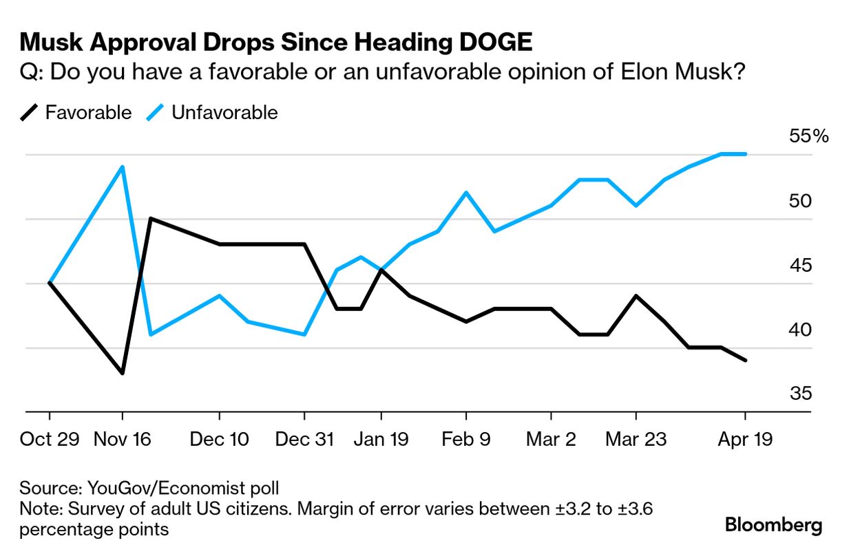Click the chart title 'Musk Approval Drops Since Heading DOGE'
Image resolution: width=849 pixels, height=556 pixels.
pos(275,42)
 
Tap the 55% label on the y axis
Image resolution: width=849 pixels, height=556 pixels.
pos(808,136)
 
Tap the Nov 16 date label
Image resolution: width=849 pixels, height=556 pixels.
pos(123,439)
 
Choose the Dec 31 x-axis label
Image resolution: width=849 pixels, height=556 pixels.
pos(304,439)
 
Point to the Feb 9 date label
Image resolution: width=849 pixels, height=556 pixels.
pos(466,439)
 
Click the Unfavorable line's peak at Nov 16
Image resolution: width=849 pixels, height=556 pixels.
pos(123,167)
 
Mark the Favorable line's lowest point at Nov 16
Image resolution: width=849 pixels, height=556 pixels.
pos(123,373)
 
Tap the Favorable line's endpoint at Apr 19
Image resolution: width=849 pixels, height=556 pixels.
pos(746,360)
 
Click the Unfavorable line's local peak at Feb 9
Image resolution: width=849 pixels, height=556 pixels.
pos(467,193)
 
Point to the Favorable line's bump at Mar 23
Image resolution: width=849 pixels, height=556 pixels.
pos(636,296)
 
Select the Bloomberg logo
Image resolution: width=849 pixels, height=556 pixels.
pos(773,526)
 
